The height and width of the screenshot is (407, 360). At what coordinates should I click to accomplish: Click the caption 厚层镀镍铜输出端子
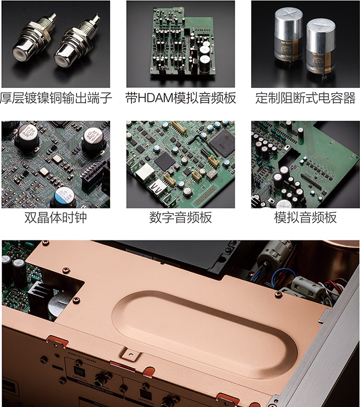(x=56, y=98)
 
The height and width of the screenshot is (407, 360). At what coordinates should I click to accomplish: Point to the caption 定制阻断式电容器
(x=306, y=98)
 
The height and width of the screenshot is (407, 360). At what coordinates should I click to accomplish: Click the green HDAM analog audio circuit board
(x=178, y=47)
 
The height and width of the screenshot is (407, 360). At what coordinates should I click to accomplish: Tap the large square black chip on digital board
(x=221, y=142)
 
